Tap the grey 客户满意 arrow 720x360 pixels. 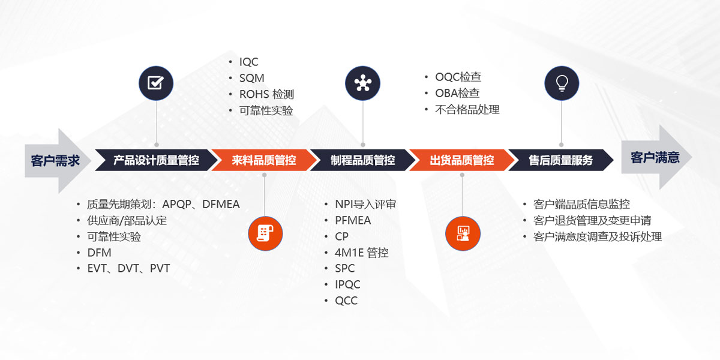pyautogui.click(x=656, y=157)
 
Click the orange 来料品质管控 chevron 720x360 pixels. pyautogui.click(x=264, y=160)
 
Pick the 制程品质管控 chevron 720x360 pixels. pyautogui.click(x=363, y=160)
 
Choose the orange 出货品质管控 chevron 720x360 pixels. pyautogui.click(x=462, y=160)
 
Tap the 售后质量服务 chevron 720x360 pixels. pyautogui.click(x=561, y=160)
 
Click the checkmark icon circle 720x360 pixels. pyautogui.click(x=156, y=83)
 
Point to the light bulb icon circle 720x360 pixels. pyautogui.click(x=562, y=83)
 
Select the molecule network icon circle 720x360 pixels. pyautogui.click(x=362, y=83)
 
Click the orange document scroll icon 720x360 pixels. pyautogui.click(x=265, y=233)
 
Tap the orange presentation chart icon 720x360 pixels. pyautogui.click(x=463, y=233)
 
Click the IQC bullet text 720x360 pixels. pyautogui.click(x=248, y=62)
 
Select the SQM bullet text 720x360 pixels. pyautogui.click(x=251, y=78)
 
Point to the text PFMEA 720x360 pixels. pyautogui.click(x=353, y=221)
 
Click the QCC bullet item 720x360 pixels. pyautogui.click(x=346, y=301)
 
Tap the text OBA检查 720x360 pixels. pyautogui.click(x=457, y=93)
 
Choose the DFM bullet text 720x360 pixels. pyautogui.click(x=100, y=253)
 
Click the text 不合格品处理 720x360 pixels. pyautogui.click(x=467, y=110)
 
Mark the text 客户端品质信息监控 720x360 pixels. pyautogui.click(x=581, y=204)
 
